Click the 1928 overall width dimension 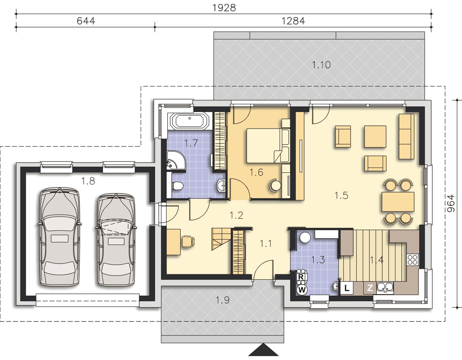tap(224, 8)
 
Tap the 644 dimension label tap(86, 21)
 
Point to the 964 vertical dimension tap(451, 203)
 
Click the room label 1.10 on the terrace tap(321, 65)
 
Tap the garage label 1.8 tap(88, 181)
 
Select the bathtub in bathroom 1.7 tap(190, 121)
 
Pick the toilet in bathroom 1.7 tap(178, 186)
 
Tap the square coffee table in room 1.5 tap(375, 136)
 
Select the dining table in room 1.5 tap(398, 202)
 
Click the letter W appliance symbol tap(302, 290)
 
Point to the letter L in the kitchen tap(346, 288)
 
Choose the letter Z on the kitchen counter tap(370, 288)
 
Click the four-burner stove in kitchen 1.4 tap(413, 260)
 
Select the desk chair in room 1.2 tap(188, 241)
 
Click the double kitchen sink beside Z tap(385, 288)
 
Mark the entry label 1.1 tap(266, 244)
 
